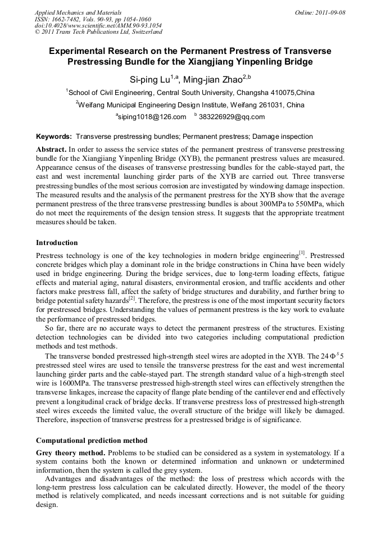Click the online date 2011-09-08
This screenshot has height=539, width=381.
(x=327, y=12)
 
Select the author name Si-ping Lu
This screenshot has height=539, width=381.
(x=148, y=79)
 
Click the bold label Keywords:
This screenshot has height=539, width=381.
(x=54, y=137)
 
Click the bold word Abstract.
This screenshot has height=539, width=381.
(x=51, y=150)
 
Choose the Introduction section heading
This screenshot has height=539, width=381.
(x=57, y=243)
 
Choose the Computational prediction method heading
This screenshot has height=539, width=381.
(x=91, y=440)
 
